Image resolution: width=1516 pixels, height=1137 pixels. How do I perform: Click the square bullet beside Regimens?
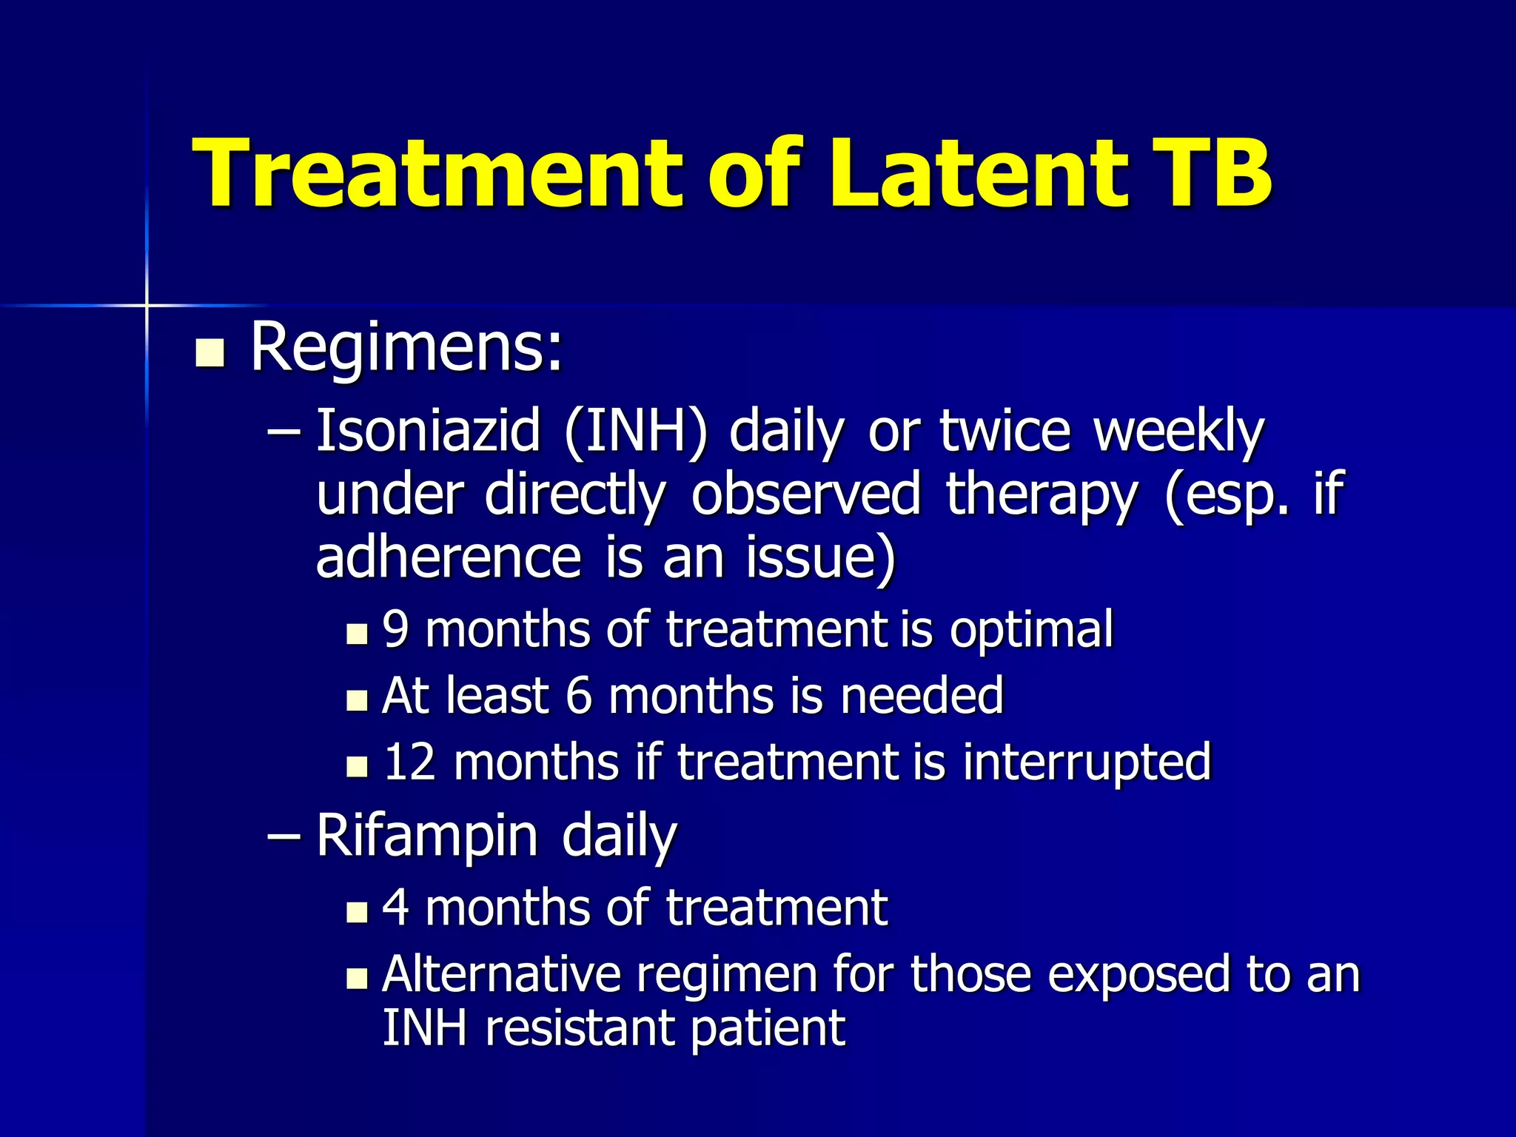coord(209,353)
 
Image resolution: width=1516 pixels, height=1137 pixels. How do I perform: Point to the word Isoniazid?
coord(428,432)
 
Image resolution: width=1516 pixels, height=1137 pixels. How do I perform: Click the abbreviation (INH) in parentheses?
coord(634,432)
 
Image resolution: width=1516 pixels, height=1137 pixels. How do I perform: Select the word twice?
coord(1004,432)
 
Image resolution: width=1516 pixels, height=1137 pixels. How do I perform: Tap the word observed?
coord(805,494)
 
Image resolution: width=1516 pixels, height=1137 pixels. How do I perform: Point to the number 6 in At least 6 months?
coord(578,697)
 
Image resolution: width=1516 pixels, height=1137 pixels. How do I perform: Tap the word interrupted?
coord(1087,762)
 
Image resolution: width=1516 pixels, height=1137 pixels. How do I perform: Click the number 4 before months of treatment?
coord(396,908)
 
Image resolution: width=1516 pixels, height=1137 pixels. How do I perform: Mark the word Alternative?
coord(501,974)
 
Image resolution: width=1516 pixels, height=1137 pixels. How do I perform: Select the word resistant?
coord(580,1028)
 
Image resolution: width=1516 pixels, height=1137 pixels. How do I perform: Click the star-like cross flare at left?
coord(147,305)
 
